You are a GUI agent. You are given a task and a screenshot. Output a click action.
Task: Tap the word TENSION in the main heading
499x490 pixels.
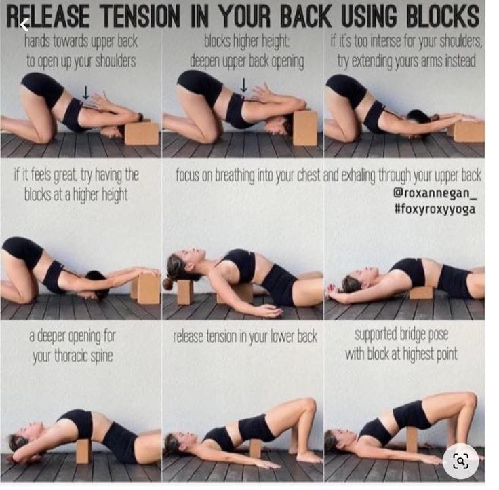pyautogui.click(x=140, y=16)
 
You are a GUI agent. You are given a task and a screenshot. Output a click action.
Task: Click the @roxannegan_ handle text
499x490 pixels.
pyautogui.click(x=435, y=193)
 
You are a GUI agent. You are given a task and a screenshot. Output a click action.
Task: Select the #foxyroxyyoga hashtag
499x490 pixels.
pyautogui.click(x=435, y=209)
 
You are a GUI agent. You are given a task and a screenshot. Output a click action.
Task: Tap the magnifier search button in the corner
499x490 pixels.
pyautogui.click(x=460, y=461)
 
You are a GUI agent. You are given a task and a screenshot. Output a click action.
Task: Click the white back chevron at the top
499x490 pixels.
pyautogui.click(x=24, y=24)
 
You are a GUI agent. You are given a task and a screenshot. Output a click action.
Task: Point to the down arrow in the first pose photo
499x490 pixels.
pyautogui.click(x=85, y=92)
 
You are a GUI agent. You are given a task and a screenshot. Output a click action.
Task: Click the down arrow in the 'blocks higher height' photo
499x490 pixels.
pyautogui.click(x=243, y=85)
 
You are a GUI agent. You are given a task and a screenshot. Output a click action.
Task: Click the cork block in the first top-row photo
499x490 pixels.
pyautogui.click(x=142, y=133)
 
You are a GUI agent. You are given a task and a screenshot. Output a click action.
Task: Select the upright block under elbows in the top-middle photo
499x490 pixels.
pyautogui.click(x=305, y=128)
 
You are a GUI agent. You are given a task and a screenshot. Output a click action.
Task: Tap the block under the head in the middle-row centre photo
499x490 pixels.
pyautogui.click(x=185, y=292)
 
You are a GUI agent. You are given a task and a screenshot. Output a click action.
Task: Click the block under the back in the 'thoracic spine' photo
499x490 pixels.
pyautogui.click(x=84, y=451)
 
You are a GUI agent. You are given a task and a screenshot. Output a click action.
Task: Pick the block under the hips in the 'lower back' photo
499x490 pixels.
pyautogui.click(x=255, y=449)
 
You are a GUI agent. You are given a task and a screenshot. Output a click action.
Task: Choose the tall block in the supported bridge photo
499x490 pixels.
pyautogui.click(x=412, y=440)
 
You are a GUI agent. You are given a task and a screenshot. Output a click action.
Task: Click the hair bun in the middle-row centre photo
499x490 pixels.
pyautogui.click(x=167, y=284)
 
